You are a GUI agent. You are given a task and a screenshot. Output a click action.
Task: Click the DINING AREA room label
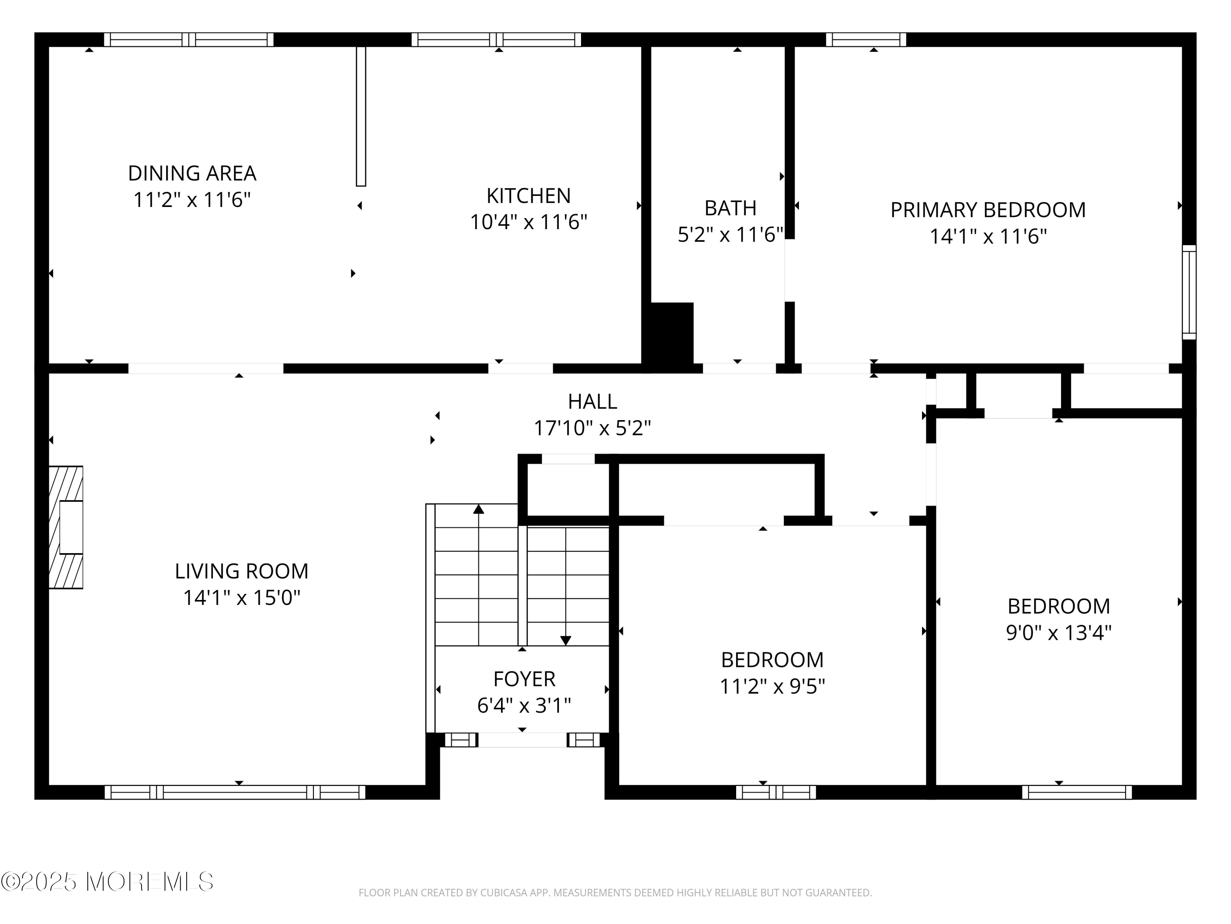click(x=192, y=173)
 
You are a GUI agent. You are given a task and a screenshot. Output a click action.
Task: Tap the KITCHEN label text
click(x=529, y=196)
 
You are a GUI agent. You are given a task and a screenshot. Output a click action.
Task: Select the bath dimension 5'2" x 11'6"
click(x=730, y=234)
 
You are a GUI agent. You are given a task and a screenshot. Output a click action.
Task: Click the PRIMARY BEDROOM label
click(x=988, y=210)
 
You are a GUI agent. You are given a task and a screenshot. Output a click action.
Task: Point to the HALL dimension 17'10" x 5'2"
click(x=592, y=428)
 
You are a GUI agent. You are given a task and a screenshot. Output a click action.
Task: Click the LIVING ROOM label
click(x=242, y=571)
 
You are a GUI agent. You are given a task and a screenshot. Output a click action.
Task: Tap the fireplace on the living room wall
click(x=66, y=527)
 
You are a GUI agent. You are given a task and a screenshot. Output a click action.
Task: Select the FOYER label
click(x=524, y=679)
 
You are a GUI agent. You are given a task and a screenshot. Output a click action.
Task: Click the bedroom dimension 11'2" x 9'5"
click(x=772, y=686)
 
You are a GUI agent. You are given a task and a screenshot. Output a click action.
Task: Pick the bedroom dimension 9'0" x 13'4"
click(x=1059, y=633)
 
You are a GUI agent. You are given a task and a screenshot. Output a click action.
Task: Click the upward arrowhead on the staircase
click(x=478, y=508)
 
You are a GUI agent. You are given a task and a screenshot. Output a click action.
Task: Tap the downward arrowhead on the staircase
click(x=566, y=641)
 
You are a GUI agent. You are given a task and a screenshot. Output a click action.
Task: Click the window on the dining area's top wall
click(x=189, y=39)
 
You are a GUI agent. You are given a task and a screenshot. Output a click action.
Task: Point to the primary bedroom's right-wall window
click(x=1189, y=292)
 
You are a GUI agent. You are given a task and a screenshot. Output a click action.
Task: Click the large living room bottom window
click(x=235, y=792)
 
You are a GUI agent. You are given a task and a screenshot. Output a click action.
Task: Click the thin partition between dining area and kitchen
click(x=361, y=116)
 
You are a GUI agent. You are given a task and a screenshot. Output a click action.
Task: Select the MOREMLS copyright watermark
click(x=107, y=882)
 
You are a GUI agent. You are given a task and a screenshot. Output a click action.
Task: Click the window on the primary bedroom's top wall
click(x=866, y=39)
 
